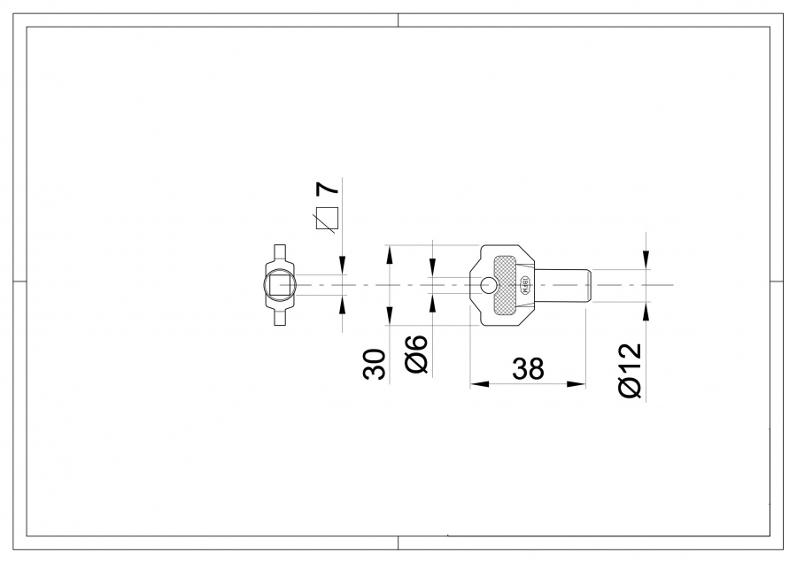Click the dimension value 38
point(528,368)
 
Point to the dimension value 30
point(375,364)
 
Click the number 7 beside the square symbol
point(328,189)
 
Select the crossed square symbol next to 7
point(328,218)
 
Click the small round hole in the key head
point(489,285)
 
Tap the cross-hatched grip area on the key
point(506,284)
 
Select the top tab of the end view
point(279,251)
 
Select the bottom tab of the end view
point(279,319)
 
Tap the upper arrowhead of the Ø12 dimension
point(646,259)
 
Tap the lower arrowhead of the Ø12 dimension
point(646,311)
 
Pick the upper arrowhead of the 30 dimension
point(389,254)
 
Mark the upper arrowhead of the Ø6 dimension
point(431,267)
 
